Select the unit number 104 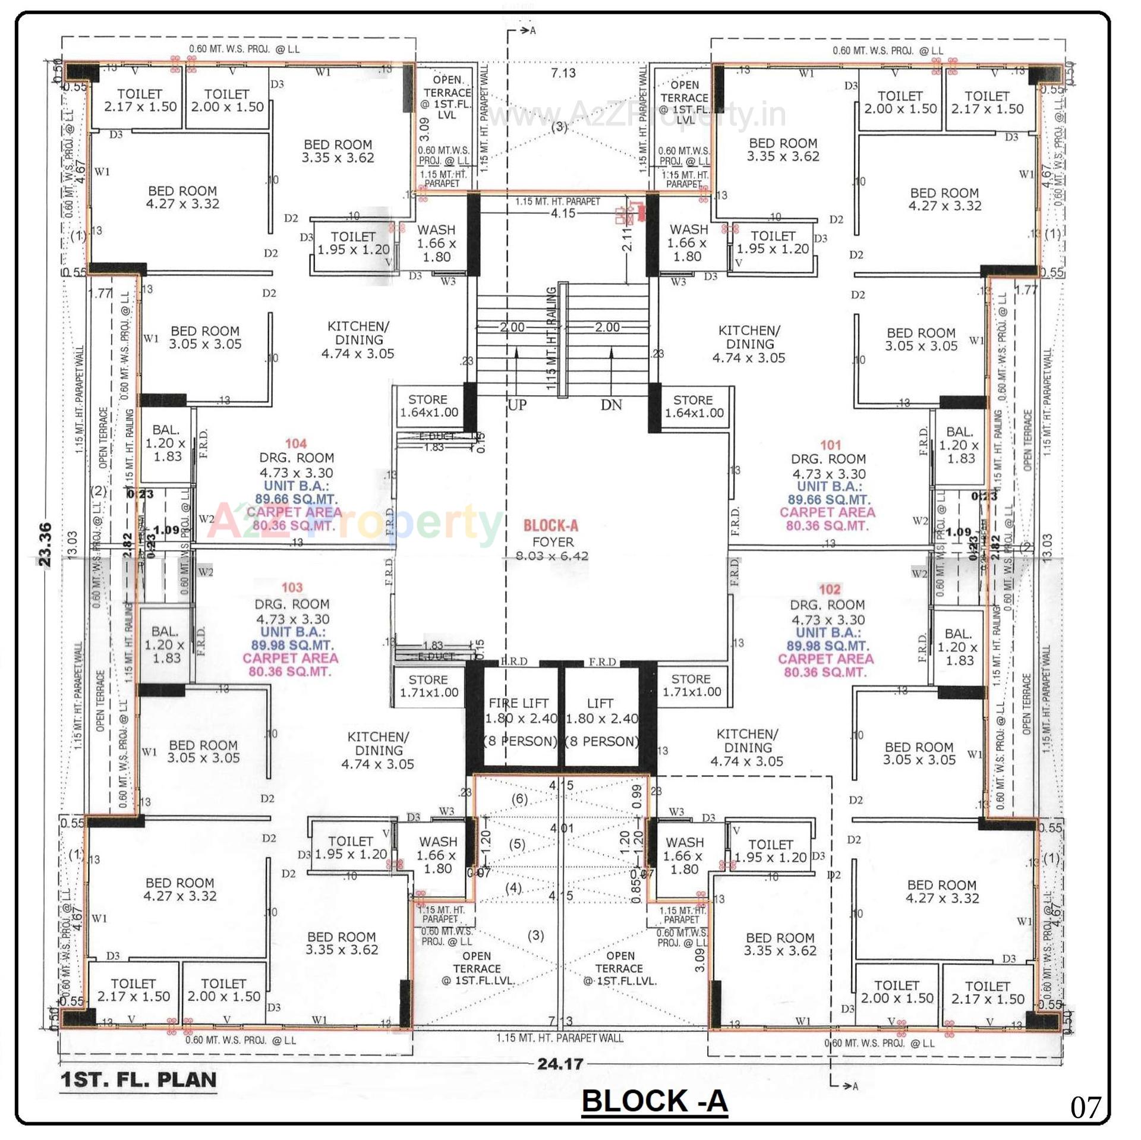tap(296, 443)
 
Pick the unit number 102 tap(830, 589)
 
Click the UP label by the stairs tap(516, 405)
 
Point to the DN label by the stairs tap(611, 405)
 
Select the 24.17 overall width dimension tap(560, 1063)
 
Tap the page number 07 tap(1086, 1107)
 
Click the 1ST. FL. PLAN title tap(138, 1080)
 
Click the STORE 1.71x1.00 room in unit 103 tap(429, 685)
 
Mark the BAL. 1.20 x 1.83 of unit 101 tap(960, 445)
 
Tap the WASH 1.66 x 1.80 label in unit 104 tap(436, 243)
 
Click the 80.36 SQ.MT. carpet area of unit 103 tap(290, 671)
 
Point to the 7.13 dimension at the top tap(563, 73)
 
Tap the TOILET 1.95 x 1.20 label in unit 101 tap(773, 243)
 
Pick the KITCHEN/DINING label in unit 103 tap(378, 750)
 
